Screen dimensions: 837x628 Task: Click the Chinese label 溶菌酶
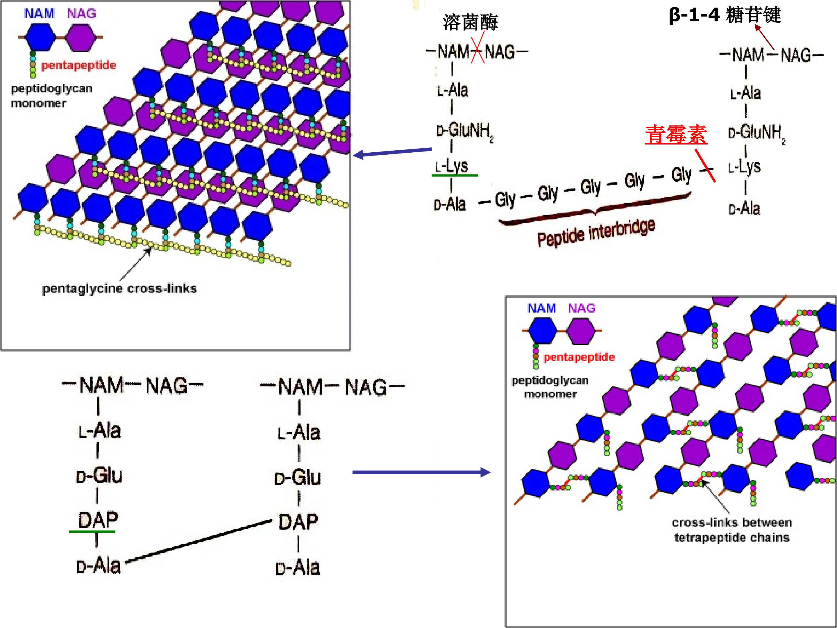[x=470, y=22]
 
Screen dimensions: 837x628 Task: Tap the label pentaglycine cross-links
[x=119, y=289]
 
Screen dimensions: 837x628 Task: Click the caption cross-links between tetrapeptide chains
[x=732, y=530]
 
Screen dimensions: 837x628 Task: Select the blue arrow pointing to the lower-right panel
[x=421, y=472]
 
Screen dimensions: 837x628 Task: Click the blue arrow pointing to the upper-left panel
[x=392, y=152]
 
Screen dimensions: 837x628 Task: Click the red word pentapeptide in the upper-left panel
[x=79, y=65]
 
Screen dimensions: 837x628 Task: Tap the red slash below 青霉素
[x=705, y=166]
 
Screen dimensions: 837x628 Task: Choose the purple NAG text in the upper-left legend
[x=81, y=14]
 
